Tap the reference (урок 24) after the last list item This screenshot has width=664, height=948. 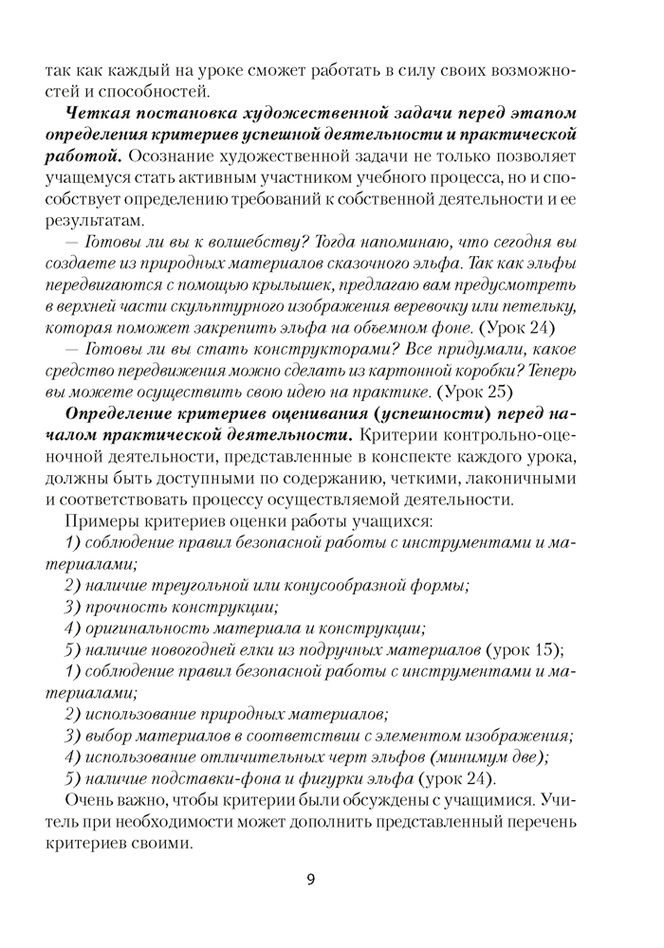[457, 778]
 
